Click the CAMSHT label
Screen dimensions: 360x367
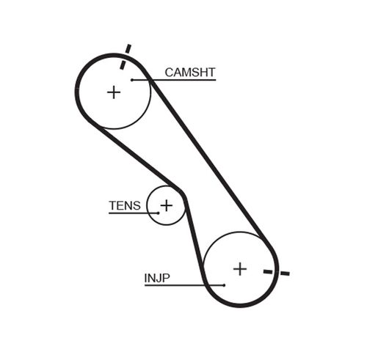[x=189, y=72]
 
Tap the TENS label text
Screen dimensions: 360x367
[x=124, y=205]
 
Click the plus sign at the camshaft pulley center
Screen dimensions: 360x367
[x=113, y=92]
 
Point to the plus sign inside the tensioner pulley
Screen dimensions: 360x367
[x=167, y=205]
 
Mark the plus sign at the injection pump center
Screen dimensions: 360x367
[x=240, y=268]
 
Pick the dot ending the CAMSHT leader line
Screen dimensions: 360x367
[x=132, y=79]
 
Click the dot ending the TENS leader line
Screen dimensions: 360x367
[x=156, y=213]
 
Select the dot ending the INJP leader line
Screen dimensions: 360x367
[x=224, y=284]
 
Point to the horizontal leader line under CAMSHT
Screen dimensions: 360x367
[x=176, y=79]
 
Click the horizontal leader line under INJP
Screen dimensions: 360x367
[x=183, y=284]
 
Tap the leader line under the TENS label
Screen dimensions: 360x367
[x=132, y=213]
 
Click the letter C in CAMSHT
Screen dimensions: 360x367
[x=169, y=72]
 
